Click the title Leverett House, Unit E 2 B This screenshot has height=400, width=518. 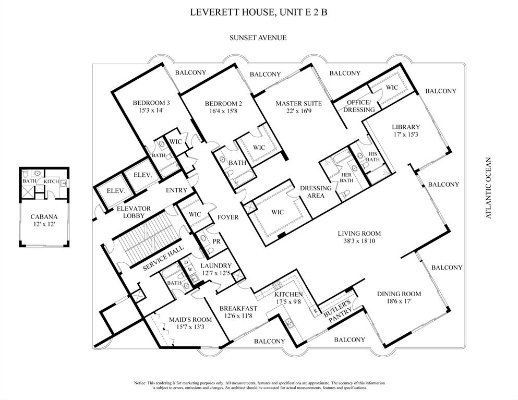click(258, 12)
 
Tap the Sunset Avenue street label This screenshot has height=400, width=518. click(258, 38)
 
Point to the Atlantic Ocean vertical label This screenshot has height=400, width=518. click(489, 188)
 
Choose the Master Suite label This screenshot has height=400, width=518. click(298, 103)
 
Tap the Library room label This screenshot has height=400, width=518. click(406, 127)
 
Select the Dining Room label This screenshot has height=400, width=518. click(399, 294)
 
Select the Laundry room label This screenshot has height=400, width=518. click(216, 265)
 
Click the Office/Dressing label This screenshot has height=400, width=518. click(358, 106)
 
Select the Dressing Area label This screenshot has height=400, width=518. click(315, 191)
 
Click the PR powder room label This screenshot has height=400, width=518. click(203, 241)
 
